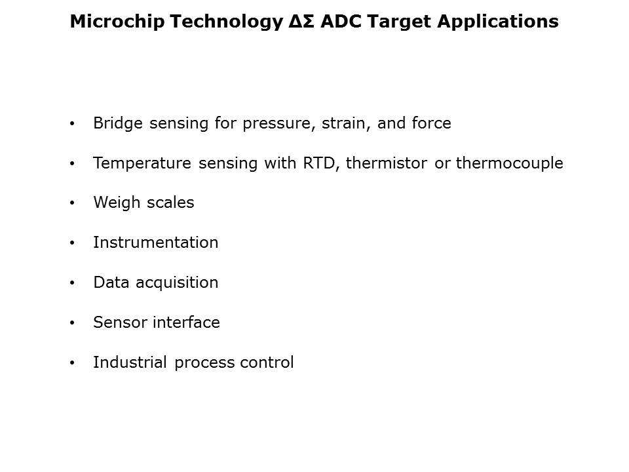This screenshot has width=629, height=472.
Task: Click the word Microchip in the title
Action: [x=117, y=22]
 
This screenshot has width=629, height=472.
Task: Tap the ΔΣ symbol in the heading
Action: [x=301, y=21]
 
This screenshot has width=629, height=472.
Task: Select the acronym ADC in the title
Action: [x=341, y=21]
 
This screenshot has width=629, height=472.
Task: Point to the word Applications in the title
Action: [x=498, y=22]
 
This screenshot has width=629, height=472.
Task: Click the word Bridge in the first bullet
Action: [x=118, y=123]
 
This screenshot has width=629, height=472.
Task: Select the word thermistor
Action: [x=387, y=163]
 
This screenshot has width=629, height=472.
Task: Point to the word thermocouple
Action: [x=510, y=163]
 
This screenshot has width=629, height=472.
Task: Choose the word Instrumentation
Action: [x=156, y=243]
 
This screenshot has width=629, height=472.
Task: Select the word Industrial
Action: [x=130, y=362]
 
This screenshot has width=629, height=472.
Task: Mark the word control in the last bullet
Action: [x=267, y=362]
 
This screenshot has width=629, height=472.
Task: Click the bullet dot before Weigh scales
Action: [x=72, y=203]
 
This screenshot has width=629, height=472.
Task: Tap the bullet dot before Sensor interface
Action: [x=72, y=323]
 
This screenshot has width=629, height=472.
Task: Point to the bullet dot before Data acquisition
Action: [x=72, y=283]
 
